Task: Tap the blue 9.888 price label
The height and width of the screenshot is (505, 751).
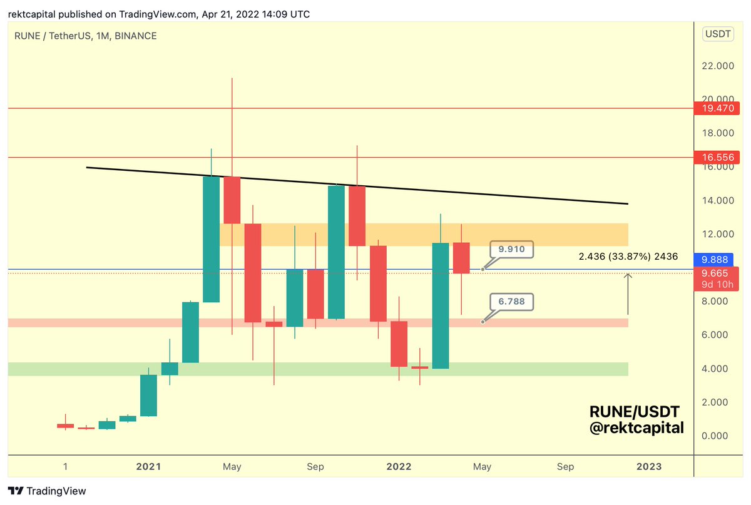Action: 714,259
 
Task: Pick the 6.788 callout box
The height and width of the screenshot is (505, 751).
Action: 511,302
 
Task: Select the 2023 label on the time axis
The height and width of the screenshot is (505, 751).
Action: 648,466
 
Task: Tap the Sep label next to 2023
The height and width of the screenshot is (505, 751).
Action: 565,466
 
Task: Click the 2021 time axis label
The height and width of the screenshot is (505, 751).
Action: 148,466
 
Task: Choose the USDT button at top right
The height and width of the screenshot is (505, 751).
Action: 717,34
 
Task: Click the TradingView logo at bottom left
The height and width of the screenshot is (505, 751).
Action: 47,491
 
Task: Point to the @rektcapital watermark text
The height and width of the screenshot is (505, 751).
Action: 636,429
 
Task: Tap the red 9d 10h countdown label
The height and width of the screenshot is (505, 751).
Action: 714,285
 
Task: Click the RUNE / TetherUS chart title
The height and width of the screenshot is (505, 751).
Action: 85,36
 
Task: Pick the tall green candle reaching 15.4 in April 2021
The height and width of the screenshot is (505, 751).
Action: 211,239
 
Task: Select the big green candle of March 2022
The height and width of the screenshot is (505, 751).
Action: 441,305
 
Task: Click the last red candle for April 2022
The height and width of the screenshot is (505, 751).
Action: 461,258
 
